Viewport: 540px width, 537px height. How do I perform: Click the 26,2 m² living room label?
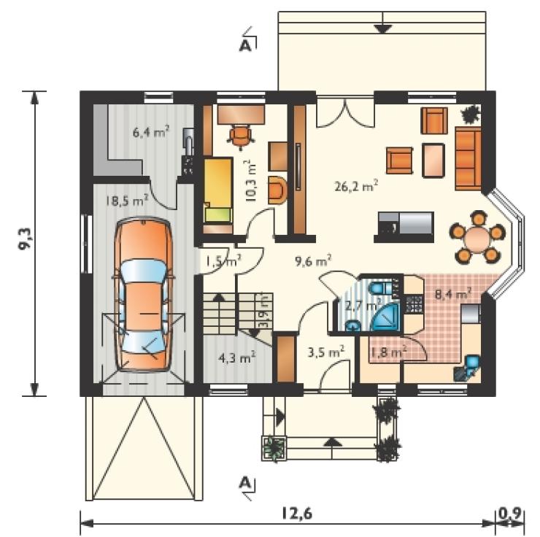[x=356, y=186]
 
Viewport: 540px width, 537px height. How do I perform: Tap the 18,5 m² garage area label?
[x=127, y=200]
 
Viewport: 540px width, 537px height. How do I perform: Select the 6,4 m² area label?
[x=151, y=131]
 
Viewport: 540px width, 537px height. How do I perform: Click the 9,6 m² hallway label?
[x=313, y=261]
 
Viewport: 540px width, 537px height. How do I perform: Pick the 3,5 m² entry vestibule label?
[x=325, y=352]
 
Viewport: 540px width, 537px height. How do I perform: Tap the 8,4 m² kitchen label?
[x=453, y=295]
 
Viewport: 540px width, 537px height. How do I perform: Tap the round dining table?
[x=477, y=238]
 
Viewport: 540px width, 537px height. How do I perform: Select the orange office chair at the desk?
[x=241, y=136]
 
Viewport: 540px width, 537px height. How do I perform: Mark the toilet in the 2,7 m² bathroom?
[x=382, y=287]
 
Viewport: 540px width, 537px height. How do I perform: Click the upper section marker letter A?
[x=245, y=46]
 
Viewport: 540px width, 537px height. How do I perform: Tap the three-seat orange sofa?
[x=468, y=158]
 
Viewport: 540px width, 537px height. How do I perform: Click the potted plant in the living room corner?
[x=471, y=115]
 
